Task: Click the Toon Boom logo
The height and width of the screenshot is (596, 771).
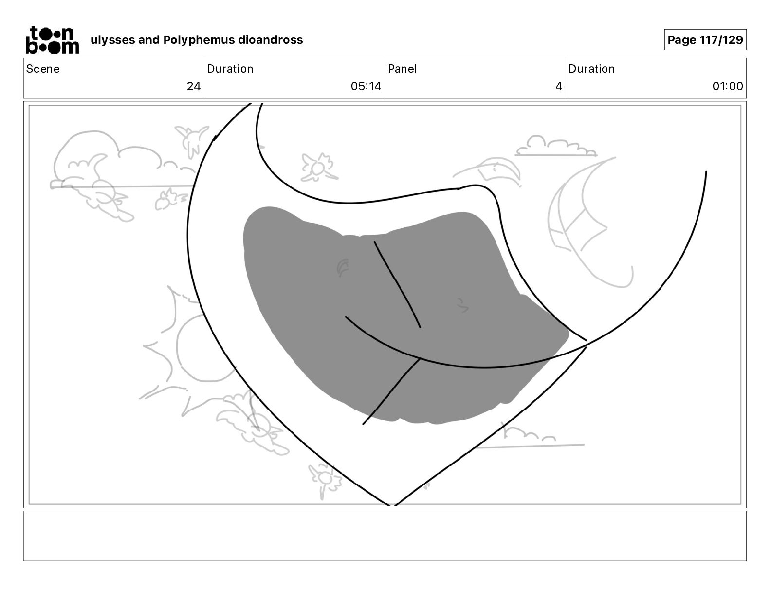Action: point(52,39)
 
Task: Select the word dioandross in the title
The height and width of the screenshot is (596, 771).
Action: point(270,40)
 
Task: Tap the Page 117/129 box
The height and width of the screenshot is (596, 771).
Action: point(705,40)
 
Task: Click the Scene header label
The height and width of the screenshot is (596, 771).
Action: point(43,69)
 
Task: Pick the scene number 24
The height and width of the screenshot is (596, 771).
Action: point(193,86)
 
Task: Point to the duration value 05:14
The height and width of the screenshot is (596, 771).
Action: point(366,86)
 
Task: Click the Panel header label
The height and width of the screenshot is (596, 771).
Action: point(402,69)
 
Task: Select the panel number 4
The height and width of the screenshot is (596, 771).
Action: point(558,86)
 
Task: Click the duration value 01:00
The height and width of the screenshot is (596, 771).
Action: point(727,86)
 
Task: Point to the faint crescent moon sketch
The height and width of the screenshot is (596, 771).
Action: point(584,224)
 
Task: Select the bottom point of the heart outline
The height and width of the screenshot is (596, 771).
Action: point(392,505)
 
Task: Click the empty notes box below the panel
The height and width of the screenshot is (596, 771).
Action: point(385,536)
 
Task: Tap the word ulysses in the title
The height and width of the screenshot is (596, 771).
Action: point(112,40)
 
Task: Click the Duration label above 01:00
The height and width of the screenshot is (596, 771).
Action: point(591,69)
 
